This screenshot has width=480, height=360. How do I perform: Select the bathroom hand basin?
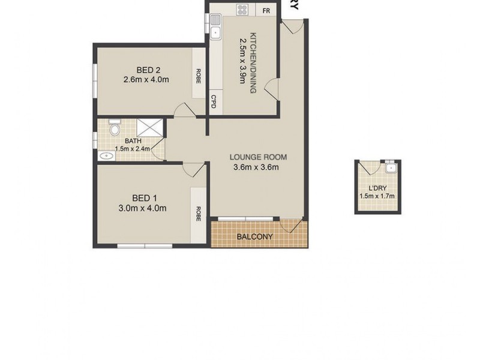tap(106, 156)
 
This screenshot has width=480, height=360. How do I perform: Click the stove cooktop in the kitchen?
tap(243, 10)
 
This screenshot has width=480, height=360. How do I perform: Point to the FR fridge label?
tap(266, 10)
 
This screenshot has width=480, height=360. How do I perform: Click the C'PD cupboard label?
tap(214, 103)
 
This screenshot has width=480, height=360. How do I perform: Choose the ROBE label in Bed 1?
tap(197, 214)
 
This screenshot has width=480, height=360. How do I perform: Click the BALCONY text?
tap(254, 236)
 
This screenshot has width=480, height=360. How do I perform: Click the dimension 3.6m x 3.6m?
tap(257, 167)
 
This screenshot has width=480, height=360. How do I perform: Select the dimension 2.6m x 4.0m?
tap(145, 79)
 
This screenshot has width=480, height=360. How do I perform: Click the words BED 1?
tap(145, 198)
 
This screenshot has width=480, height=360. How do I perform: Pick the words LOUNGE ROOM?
tap(258, 157)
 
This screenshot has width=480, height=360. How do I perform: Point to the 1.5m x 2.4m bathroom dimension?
tap(133, 149)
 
